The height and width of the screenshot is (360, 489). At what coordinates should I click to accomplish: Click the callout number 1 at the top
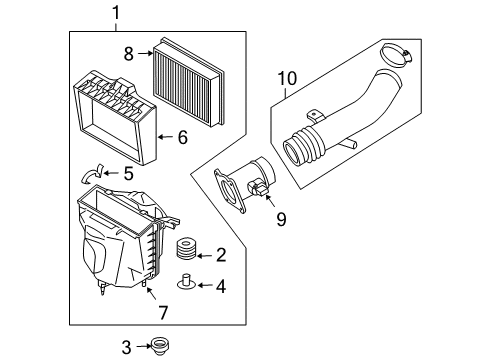(x=116, y=13)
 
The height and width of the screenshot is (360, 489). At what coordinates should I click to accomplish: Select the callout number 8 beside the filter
(x=129, y=54)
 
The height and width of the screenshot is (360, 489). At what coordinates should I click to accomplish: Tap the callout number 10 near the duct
(x=287, y=79)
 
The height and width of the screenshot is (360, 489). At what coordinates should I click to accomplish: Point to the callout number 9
(x=281, y=219)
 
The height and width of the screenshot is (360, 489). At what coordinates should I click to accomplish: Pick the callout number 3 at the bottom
(x=126, y=347)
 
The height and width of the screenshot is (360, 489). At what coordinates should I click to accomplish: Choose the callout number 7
(x=163, y=313)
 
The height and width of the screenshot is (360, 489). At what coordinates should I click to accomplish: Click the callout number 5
(x=129, y=174)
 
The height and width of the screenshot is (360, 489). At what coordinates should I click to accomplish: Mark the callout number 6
(x=183, y=137)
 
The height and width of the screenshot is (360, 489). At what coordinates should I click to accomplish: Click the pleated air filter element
(x=188, y=82)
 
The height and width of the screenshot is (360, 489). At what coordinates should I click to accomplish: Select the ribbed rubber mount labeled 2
(x=186, y=249)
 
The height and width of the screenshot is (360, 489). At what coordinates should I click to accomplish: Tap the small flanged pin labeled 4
(x=186, y=282)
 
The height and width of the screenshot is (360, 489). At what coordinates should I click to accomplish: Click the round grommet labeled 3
(x=160, y=346)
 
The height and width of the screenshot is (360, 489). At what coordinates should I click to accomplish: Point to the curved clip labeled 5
(x=91, y=174)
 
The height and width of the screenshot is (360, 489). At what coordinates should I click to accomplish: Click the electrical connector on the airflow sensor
(x=258, y=188)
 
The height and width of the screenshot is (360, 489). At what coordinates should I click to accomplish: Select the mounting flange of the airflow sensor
(x=229, y=190)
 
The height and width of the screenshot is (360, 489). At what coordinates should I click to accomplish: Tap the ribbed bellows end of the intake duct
(x=304, y=147)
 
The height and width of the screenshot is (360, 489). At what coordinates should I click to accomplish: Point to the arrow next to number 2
(x=205, y=256)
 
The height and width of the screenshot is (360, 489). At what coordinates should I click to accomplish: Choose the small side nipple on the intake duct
(x=349, y=143)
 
